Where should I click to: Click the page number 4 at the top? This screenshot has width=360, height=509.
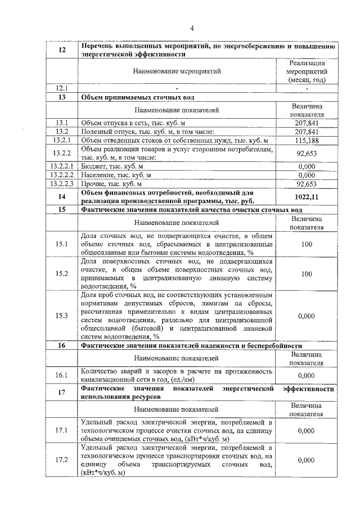(x=191, y=29)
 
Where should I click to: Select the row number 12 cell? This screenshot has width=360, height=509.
(x=62, y=51)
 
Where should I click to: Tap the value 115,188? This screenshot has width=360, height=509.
(x=307, y=139)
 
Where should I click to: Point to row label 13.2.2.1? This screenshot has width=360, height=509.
(x=62, y=166)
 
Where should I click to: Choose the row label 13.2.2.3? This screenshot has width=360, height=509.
(x=62, y=183)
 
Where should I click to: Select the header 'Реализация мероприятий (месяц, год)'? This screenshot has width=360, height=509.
(x=307, y=71)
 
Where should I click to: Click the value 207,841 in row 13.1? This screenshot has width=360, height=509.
(x=307, y=123)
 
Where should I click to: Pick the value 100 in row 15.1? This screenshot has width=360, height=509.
(x=307, y=244)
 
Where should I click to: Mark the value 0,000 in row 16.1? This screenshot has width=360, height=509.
(x=307, y=375)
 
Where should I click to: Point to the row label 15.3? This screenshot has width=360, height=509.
(x=62, y=316)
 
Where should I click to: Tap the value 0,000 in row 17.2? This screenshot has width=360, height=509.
(x=307, y=460)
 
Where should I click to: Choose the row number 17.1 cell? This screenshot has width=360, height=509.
(x=62, y=430)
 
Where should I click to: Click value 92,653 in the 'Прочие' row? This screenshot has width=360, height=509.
(x=307, y=183)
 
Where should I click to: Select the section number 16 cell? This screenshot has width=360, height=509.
(x=62, y=345)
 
